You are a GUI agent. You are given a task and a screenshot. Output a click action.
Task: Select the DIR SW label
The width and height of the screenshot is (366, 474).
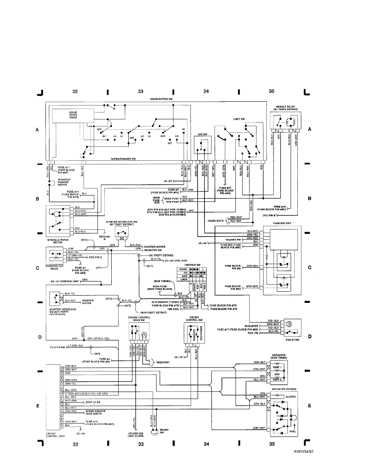(x=203, y=134)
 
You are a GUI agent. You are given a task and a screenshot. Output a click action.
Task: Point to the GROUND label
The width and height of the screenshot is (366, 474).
(x=104, y=237)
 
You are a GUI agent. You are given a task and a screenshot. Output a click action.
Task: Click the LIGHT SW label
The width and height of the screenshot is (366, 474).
(x=239, y=119)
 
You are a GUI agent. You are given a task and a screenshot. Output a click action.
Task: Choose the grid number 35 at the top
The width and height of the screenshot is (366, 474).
(x=272, y=91)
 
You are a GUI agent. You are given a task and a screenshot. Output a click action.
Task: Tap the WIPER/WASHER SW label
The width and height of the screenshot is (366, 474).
(x=124, y=159)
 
